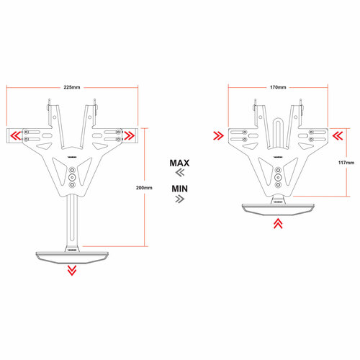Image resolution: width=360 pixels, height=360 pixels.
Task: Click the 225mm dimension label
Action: [72, 86]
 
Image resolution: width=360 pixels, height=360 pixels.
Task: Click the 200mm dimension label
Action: [144, 188]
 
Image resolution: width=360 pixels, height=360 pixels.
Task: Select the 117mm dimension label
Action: [346, 163]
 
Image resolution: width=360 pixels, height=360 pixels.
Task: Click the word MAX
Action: [179, 163]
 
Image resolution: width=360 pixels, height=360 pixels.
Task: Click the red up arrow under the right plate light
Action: [278, 223]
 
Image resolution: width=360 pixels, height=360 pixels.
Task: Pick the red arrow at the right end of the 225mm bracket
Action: [130, 135]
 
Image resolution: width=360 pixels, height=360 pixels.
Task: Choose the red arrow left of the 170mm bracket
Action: [218, 135]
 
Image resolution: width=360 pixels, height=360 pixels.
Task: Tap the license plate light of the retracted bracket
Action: [278, 209]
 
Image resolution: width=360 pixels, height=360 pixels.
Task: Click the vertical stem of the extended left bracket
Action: [71, 220]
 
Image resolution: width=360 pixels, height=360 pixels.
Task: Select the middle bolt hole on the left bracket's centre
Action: [71, 177]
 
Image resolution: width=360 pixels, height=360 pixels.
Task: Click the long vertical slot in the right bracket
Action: [278, 130]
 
